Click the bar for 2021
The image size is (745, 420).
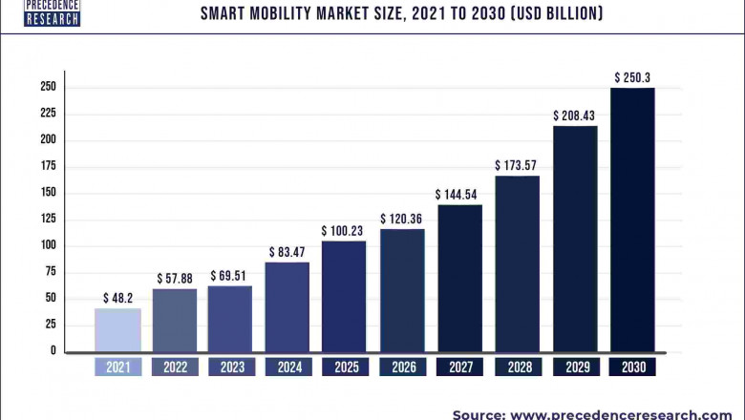tap(117, 329)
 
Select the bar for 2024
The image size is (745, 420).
tap(288, 306)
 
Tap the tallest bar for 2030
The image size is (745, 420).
tap(632, 220)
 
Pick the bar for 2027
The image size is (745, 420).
tap(460, 278)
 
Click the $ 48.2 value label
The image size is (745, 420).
tap(117, 297)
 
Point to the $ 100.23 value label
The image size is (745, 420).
tap(345, 230)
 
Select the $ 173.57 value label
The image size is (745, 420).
tap(518, 165)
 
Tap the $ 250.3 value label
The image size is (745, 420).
tap(632, 76)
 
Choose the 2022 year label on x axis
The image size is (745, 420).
tap(175, 367)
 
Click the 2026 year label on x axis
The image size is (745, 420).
tap(402, 367)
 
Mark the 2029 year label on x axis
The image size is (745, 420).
tap(575, 367)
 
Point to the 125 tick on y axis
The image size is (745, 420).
tap(47, 219)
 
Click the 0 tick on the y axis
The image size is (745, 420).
tap(53, 351)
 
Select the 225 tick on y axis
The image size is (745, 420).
tap(47, 113)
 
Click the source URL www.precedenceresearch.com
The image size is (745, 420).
tap(627, 413)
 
